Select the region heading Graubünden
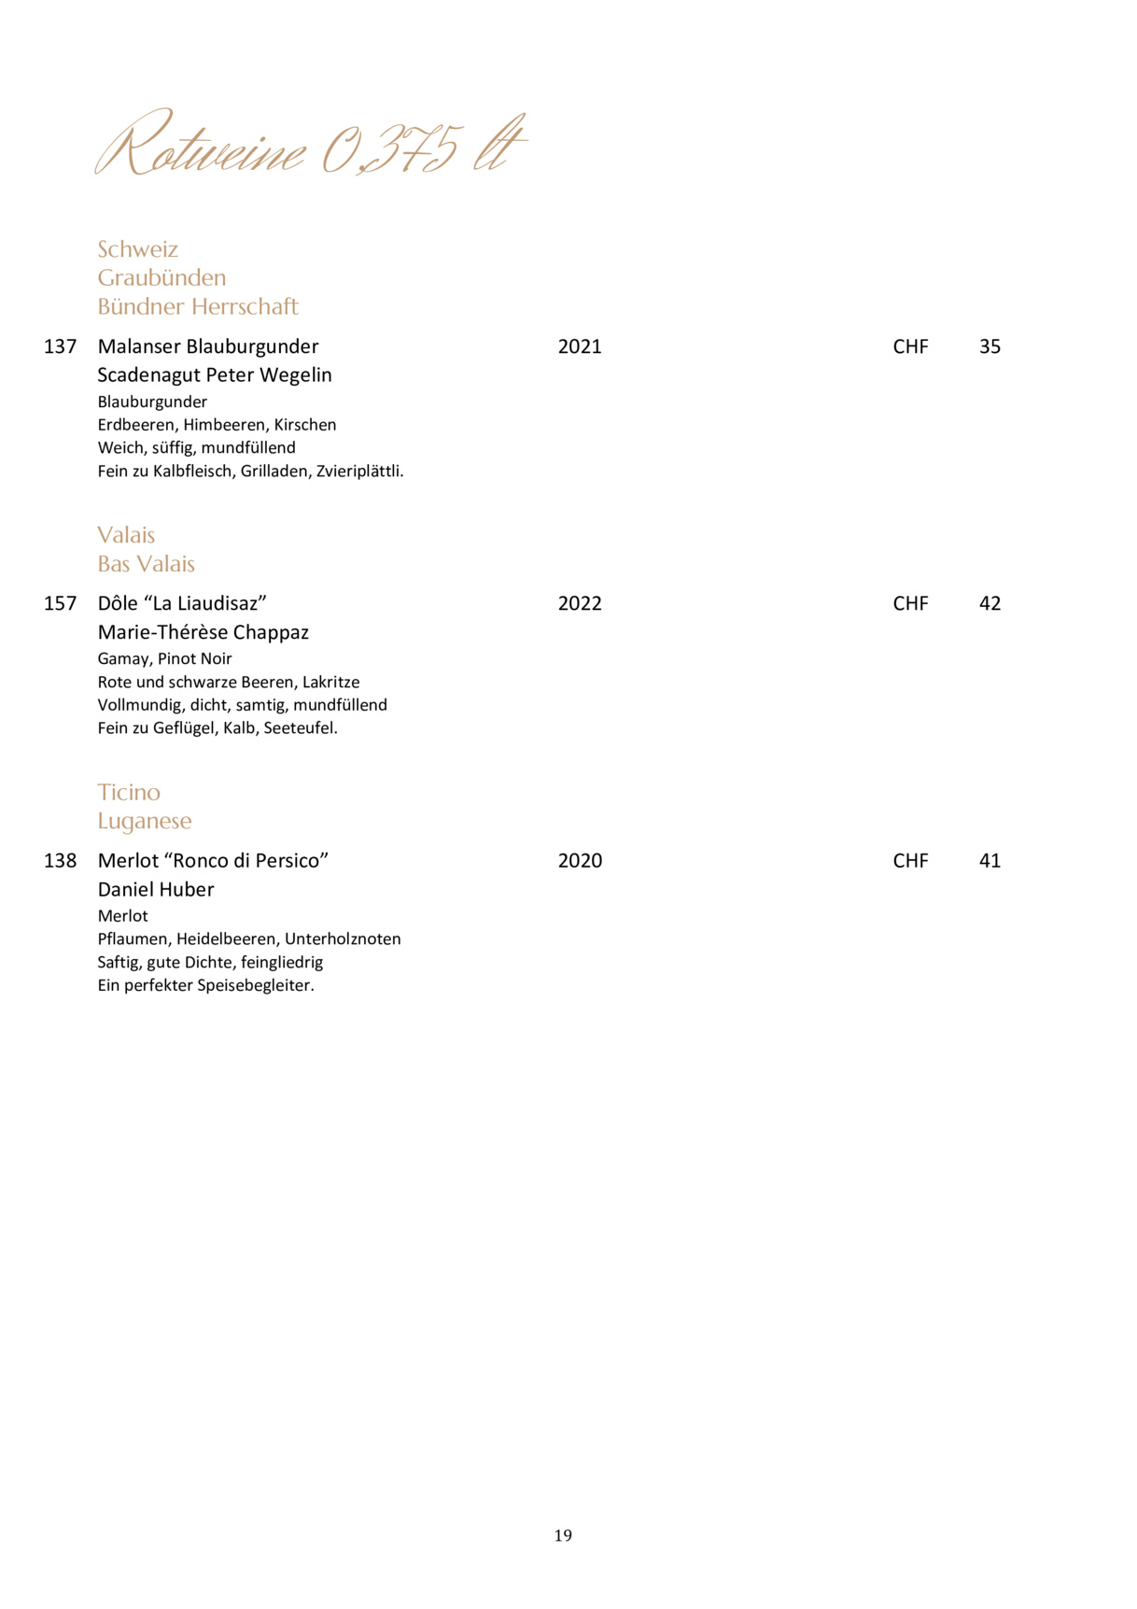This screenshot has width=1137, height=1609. point(161,277)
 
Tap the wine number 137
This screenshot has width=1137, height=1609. point(60,346)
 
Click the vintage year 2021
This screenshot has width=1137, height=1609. point(580,346)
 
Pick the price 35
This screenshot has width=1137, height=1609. point(990,346)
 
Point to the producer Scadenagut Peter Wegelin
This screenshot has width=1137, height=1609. point(215,375)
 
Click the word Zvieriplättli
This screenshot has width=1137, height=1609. point(359,472)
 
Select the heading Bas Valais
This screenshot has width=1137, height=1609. point(146,564)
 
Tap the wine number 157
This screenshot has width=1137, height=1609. point(60,603)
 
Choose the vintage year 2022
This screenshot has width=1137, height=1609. point(580,603)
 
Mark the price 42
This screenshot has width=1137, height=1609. point(990,603)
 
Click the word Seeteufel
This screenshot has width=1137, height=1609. point(300,728)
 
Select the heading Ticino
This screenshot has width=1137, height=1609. point(129,792)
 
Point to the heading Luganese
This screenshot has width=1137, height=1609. point(145,821)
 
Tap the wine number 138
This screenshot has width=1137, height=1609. point(60,861)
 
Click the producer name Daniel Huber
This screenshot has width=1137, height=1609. point(156,890)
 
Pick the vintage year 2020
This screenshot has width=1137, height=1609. point(580,861)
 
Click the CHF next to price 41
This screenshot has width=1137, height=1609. point(910,861)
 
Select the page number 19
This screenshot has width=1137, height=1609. point(563,1535)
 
